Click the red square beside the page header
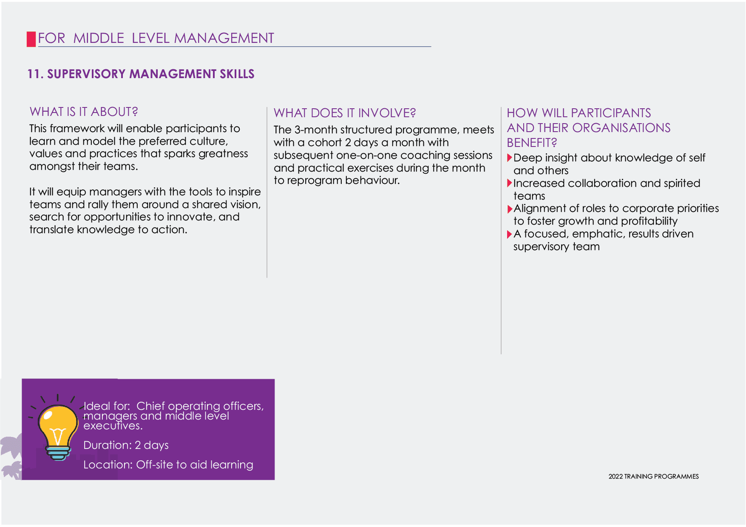click(31, 39)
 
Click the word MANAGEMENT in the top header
click(224, 38)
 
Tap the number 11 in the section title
click(34, 74)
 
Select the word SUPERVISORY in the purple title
click(86, 74)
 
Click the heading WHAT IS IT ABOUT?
click(84, 112)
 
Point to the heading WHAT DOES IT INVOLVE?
click(345, 113)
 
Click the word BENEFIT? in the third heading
click(532, 143)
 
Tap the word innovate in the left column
click(193, 217)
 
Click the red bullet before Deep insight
click(510, 158)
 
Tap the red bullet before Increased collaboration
click(510, 183)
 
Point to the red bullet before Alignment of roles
click(510, 209)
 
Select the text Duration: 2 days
click(126, 445)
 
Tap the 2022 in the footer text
click(616, 476)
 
